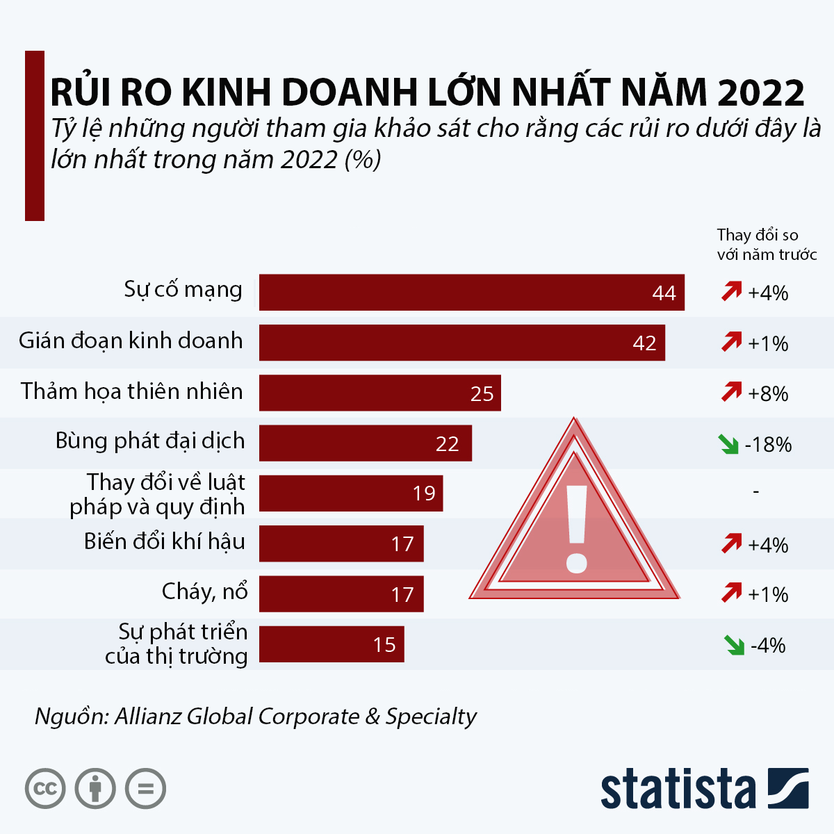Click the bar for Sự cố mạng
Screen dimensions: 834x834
(x=471, y=292)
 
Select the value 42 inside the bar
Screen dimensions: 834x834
(x=644, y=343)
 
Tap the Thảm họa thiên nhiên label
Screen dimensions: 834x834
(x=132, y=391)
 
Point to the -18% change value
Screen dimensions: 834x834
(x=768, y=445)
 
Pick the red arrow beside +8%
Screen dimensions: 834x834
(x=731, y=393)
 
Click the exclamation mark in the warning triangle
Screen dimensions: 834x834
(x=577, y=528)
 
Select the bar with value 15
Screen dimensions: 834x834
(x=331, y=644)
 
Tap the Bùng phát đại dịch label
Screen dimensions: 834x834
(x=150, y=441)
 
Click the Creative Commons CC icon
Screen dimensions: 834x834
(x=45, y=789)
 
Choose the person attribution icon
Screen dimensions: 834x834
(x=95, y=789)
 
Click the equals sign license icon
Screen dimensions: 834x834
(x=145, y=789)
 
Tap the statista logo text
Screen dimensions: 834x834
(x=678, y=790)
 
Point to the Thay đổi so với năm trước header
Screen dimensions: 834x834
(x=766, y=245)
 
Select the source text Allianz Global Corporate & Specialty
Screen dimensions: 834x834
(x=295, y=716)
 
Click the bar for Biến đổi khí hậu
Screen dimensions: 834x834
(x=341, y=543)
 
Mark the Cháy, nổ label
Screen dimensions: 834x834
(x=204, y=591)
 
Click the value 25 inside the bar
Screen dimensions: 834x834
(x=482, y=394)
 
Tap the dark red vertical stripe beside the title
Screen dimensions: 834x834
(x=35, y=136)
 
